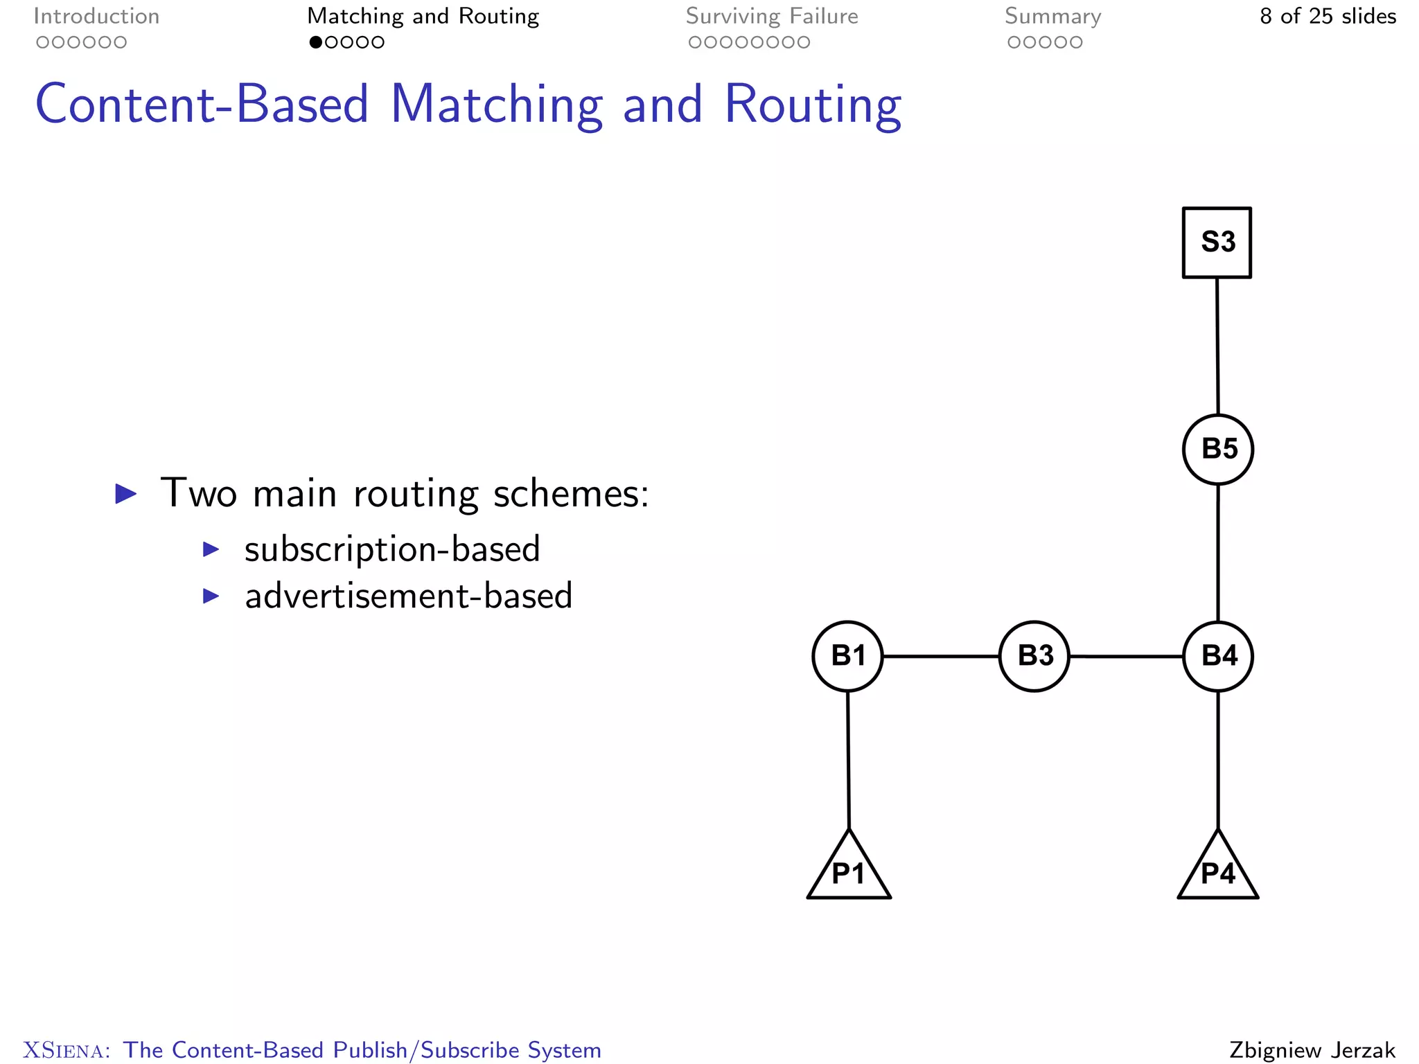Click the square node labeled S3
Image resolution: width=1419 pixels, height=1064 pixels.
[1217, 242]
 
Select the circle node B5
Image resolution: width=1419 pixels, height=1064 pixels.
[1218, 449]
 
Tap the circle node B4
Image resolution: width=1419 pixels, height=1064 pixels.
[1218, 655]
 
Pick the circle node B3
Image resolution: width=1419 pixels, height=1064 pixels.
[1034, 655]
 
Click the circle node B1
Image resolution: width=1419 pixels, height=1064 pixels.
[847, 655]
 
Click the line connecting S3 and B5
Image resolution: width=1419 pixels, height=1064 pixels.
[1217, 346]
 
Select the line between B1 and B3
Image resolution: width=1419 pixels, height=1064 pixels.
[941, 655]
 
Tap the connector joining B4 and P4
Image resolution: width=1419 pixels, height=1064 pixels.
[1218, 759]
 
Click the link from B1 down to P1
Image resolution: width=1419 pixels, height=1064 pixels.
[848, 759]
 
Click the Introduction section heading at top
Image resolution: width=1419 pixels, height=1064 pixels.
[96, 17]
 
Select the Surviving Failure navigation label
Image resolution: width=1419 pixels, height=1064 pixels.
[772, 17]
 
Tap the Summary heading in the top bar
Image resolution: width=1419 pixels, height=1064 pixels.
[1052, 17]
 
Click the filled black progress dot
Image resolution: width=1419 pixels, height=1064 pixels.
[316, 42]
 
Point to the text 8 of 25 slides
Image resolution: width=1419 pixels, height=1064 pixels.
[1328, 17]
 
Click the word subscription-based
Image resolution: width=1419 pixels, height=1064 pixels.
[392, 549]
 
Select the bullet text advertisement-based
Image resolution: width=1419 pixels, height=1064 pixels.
[409, 596]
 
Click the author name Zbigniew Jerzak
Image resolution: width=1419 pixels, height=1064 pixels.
[1312, 1049]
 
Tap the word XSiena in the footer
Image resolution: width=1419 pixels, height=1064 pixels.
[66, 1050]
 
